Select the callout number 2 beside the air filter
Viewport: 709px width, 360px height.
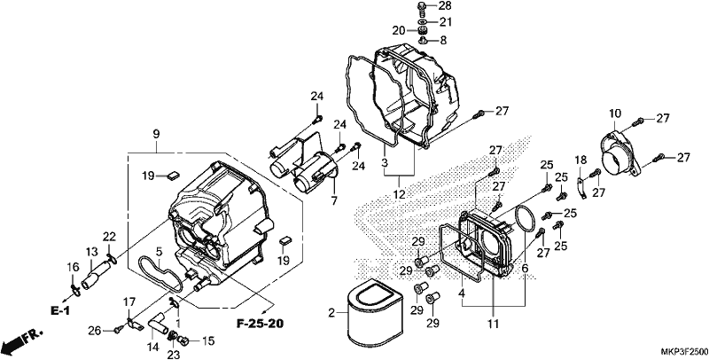331,313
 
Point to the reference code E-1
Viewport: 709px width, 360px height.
59,310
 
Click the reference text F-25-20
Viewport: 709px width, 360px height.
260,324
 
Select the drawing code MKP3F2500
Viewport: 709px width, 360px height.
684,352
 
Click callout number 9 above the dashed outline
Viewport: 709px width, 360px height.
157,134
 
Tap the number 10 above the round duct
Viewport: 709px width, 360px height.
615,113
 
